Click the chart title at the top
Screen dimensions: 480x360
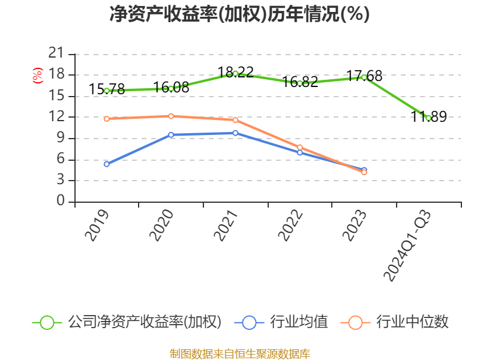[x=239, y=14]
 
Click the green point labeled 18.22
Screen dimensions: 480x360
[x=235, y=73]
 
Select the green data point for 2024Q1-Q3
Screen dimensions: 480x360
[x=428, y=118]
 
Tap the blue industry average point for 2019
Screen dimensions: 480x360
[x=107, y=164]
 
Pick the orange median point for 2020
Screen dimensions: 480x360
[x=171, y=116]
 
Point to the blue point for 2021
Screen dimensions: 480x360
[x=235, y=133]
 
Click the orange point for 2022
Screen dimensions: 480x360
[x=299, y=148]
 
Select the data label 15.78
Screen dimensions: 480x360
[x=107, y=89]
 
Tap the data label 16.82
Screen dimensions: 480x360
[x=300, y=82]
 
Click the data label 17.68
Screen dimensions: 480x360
[x=364, y=76]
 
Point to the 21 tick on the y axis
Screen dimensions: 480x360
[x=56, y=53]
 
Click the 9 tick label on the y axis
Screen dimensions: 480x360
[x=61, y=138]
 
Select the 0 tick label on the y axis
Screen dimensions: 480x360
[x=61, y=201]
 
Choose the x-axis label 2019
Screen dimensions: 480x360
[x=97, y=226]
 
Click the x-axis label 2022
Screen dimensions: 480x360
[x=290, y=226]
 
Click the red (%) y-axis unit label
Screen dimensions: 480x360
[x=37, y=76]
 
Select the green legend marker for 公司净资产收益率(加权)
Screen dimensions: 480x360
[x=47, y=323]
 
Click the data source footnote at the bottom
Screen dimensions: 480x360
[x=240, y=354]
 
